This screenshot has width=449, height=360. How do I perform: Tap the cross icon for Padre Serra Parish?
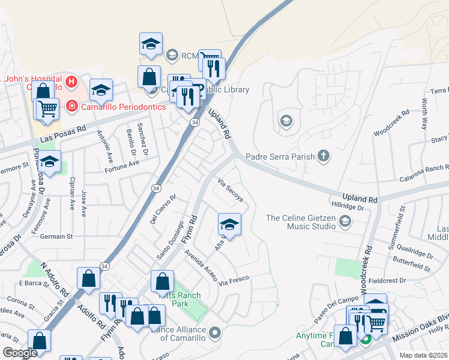click(324, 157)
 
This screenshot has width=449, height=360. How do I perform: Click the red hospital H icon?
click(71, 81)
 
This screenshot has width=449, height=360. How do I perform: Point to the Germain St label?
click(56, 236)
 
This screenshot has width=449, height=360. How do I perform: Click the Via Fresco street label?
click(234, 280)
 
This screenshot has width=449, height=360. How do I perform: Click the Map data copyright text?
click(424, 355)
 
